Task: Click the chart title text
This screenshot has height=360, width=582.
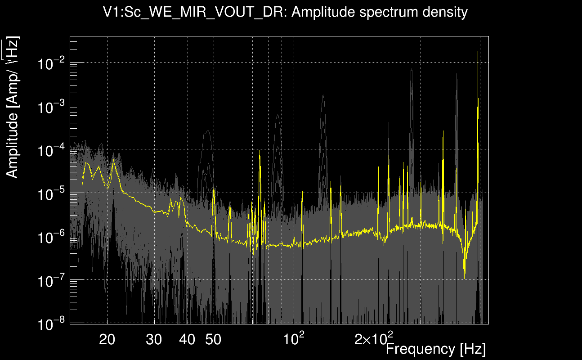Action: (x=286, y=13)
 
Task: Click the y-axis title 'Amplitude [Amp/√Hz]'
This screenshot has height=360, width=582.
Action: (x=13, y=108)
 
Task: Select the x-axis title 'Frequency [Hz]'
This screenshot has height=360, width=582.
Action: (x=435, y=349)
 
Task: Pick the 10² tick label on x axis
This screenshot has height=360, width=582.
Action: (x=294, y=337)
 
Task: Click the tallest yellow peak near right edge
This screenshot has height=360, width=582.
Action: (x=478, y=51)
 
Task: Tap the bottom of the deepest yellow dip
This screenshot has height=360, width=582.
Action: (x=465, y=278)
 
